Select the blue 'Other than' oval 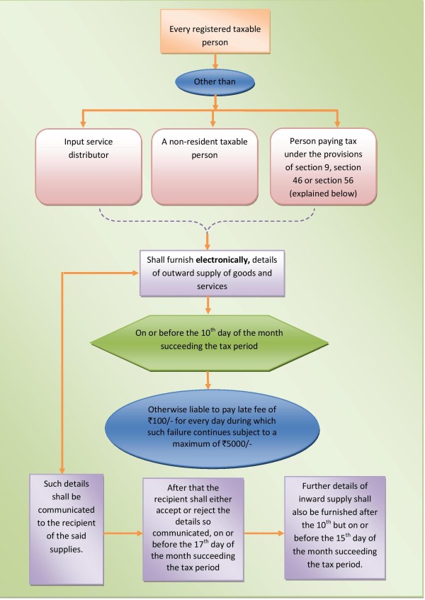click(212, 82)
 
